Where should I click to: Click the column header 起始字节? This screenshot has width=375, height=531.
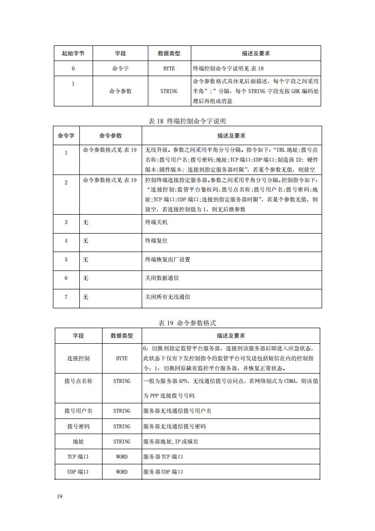click(x=73, y=53)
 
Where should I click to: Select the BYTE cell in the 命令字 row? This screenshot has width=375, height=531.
click(x=169, y=69)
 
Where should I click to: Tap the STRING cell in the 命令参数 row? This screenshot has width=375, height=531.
click(x=169, y=91)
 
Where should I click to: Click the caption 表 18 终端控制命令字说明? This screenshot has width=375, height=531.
click(x=187, y=121)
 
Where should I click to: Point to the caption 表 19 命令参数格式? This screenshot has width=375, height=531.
click(x=187, y=323)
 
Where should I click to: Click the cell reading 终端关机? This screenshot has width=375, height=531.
click(x=156, y=222)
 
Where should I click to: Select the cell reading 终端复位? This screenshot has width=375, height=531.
click(x=156, y=241)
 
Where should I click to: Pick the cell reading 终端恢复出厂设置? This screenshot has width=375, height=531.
click(x=168, y=260)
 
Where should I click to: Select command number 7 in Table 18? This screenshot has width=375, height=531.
click(x=66, y=297)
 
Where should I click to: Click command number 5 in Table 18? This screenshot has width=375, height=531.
click(x=66, y=260)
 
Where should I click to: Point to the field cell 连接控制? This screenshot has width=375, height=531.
click(x=78, y=358)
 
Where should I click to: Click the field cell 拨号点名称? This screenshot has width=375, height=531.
click(x=78, y=381)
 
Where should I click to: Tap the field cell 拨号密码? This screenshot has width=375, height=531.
click(x=78, y=427)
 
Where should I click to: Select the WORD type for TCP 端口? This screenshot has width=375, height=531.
click(x=122, y=457)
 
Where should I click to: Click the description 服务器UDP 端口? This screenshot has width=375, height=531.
click(x=163, y=472)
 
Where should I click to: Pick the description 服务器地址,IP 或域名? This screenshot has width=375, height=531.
click(x=170, y=442)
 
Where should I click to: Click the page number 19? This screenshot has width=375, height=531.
click(x=60, y=496)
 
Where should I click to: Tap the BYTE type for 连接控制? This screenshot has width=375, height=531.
click(x=122, y=358)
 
